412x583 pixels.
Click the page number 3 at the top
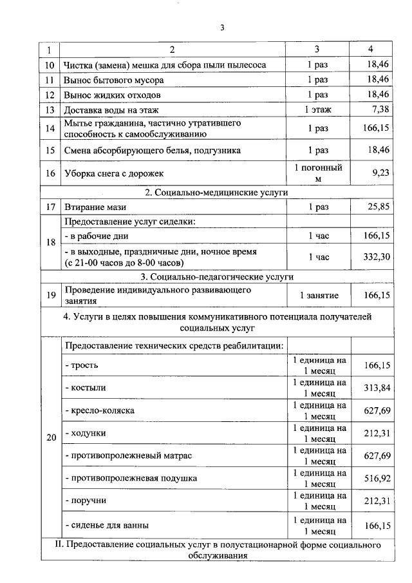tap(222, 28)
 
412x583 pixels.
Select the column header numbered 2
tap(173, 50)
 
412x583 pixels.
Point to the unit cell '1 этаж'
tap(317, 110)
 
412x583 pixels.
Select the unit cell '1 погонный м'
tap(317, 173)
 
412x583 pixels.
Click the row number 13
tap(50, 110)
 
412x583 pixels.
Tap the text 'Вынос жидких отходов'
tap(111, 95)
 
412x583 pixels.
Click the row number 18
tap(50, 242)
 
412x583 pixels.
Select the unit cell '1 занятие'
tap(317, 295)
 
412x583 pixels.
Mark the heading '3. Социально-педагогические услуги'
tap(217, 276)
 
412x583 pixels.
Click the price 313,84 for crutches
tap(377, 388)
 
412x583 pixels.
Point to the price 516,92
tap(377, 479)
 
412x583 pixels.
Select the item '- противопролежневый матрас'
tap(128, 455)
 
